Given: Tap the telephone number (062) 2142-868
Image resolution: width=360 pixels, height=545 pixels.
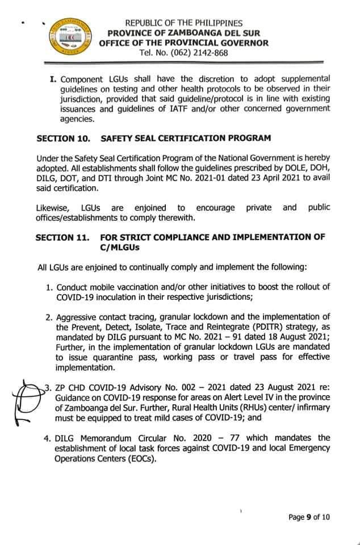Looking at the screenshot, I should (x=191, y=53).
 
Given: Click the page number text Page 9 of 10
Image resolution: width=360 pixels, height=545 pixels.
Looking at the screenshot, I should (x=309, y=517).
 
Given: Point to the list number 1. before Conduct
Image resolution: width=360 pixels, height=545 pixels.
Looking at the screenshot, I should (x=50, y=287).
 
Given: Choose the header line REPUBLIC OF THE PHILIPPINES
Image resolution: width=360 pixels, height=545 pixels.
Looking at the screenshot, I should (x=183, y=23).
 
